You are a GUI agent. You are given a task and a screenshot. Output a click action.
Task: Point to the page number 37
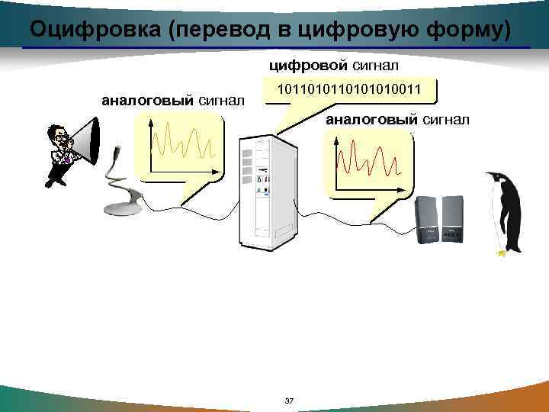[287, 401]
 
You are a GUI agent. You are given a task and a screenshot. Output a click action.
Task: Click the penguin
[505, 214]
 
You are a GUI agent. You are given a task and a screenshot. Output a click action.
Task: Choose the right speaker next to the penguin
[453, 219]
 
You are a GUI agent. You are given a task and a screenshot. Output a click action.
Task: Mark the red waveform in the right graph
[368, 156]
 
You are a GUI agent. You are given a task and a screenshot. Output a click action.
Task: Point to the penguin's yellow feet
[501, 253]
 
